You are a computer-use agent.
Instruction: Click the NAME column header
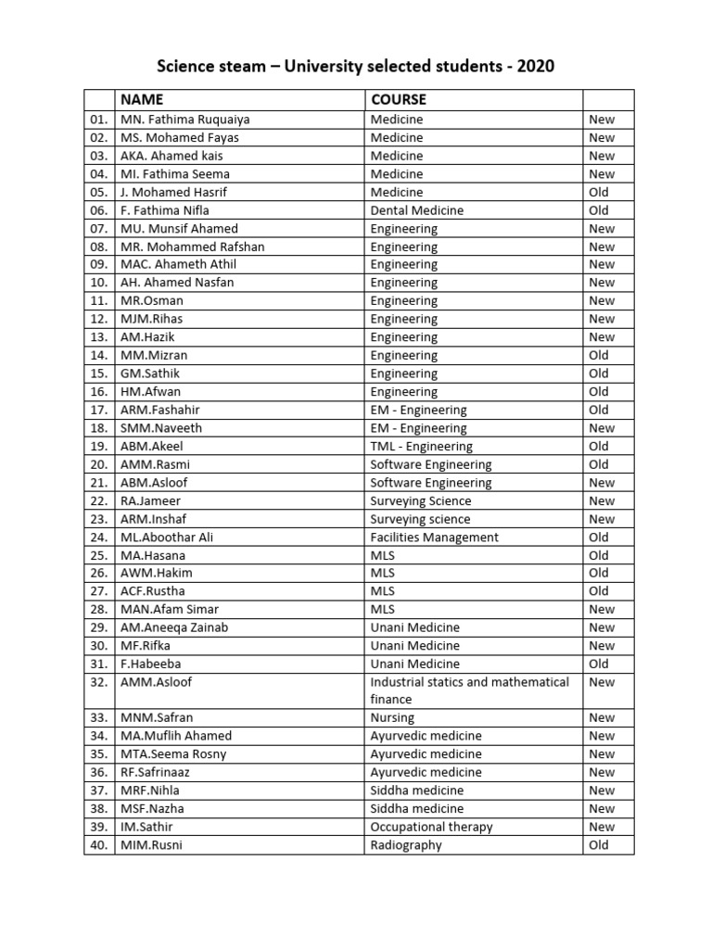[x=142, y=99]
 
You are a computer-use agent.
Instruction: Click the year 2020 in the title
[x=535, y=67]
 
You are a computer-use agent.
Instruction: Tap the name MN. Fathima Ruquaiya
[x=184, y=120]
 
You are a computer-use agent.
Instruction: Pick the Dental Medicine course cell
[x=416, y=210]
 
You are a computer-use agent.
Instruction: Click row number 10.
[x=99, y=283]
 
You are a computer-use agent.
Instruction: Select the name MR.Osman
[x=151, y=301]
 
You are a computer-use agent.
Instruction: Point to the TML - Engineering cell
[x=421, y=446]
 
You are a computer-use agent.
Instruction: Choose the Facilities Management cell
[x=434, y=537]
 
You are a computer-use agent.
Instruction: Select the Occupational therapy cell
[x=431, y=827]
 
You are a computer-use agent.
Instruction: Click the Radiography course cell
[x=406, y=845]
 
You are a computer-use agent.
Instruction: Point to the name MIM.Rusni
[x=152, y=845]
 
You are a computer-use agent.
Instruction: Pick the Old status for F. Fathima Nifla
[x=599, y=210]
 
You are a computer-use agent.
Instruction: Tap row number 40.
[x=99, y=845]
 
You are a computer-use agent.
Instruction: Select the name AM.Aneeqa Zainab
[x=174, y=627]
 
